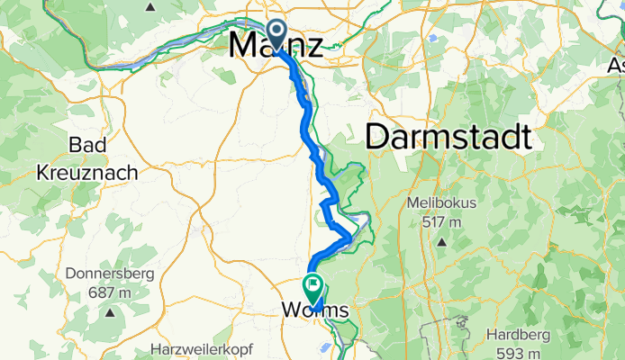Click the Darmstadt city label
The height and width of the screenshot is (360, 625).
pyautogui.click(x=448, y=138)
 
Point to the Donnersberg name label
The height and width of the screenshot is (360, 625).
pyautogui.click(x=109, y=274)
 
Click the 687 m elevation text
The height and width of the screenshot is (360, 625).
pyautogui.click(x=109, y=292)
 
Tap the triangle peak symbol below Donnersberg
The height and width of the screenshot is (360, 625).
pyautogui.click(x=109, y=312)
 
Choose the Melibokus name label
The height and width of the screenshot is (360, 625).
pyautogui.click(x=441, y=203)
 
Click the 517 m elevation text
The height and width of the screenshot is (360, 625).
pyautogui.click(x=441, y=222)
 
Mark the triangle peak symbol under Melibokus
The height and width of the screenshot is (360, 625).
pyautogui.click(x=441, y=242)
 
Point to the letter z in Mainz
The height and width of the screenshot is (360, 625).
pyautogui.click(x=310, y=45)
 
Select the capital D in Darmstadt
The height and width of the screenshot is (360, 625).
pyautogui.click(x=380, y=138)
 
